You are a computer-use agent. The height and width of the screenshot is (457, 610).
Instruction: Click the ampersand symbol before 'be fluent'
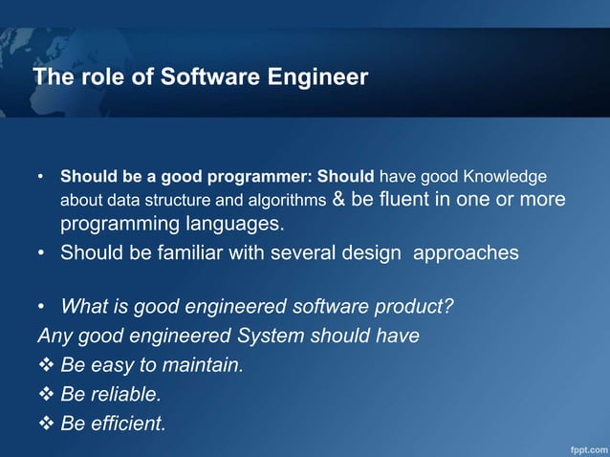(339, 201)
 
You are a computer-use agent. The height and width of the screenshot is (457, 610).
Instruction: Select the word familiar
(191, 253)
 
